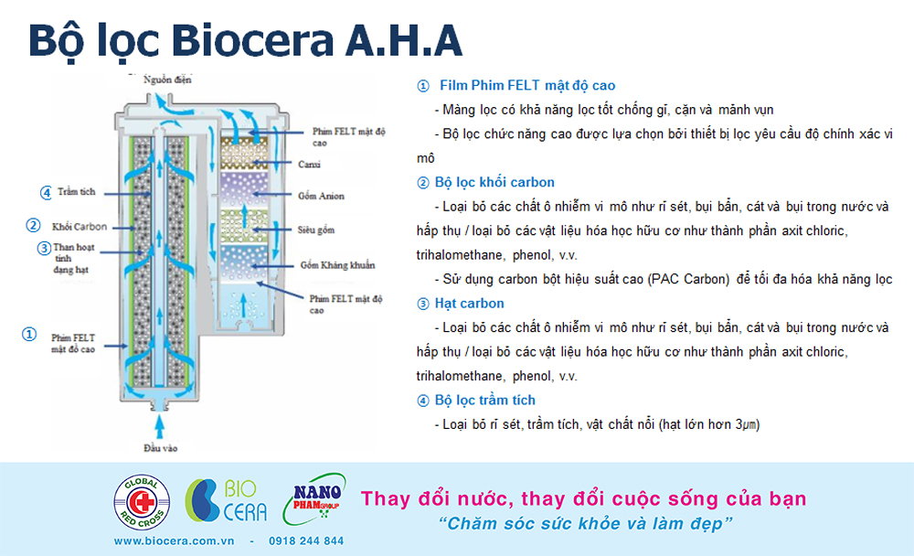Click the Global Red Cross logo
(142, 502)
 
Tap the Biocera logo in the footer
(226, 500)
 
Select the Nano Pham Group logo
(314, 499)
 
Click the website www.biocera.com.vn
(174, 540)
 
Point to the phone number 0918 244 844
(306, 540)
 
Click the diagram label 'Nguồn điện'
(167, 80)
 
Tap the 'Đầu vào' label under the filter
(160, 448)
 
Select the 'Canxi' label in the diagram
(309, 165)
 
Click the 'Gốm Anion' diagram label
(321, 196)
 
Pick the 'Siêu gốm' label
(316, 230)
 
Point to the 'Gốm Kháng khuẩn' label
(337, 265)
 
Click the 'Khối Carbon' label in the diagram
(80, 227)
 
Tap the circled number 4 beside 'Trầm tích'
(46, 193)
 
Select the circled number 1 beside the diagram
(29, 335)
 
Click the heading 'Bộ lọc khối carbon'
(494, 182)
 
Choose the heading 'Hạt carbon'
(469, 304)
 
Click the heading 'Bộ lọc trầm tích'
(485, 401)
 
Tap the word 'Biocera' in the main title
(252, 40)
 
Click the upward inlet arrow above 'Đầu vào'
(160, 426)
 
